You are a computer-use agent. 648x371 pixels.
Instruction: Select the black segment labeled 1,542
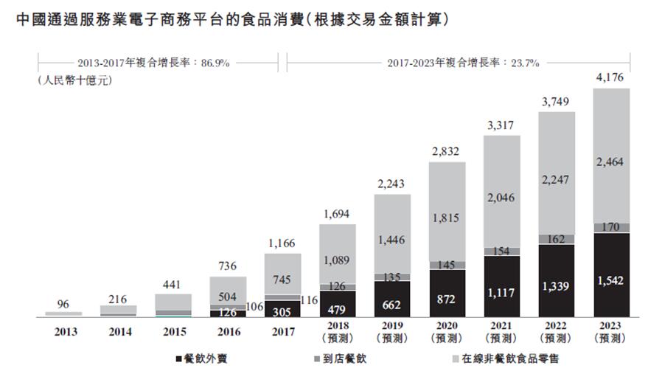[x=611, y=281]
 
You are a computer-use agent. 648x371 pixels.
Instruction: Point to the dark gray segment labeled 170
[x=611, y=228]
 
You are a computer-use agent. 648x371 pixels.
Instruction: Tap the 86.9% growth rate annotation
[x=154, y=63]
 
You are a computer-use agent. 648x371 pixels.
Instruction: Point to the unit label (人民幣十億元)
[x=74, y=80]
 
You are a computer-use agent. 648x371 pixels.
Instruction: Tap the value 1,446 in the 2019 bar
[x=392, y=240]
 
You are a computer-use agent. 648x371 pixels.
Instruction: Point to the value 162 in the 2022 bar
[x=557, y=239]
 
